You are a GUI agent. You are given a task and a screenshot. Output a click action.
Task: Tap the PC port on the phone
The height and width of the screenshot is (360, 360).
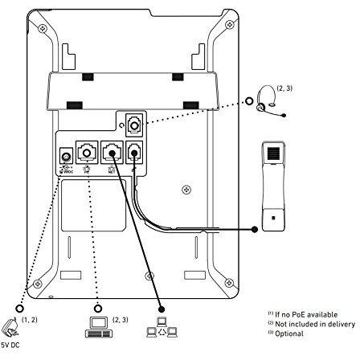click(x=87, y=151)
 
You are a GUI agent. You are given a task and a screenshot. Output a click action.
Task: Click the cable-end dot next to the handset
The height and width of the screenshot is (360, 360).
click(x=256, y=228)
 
